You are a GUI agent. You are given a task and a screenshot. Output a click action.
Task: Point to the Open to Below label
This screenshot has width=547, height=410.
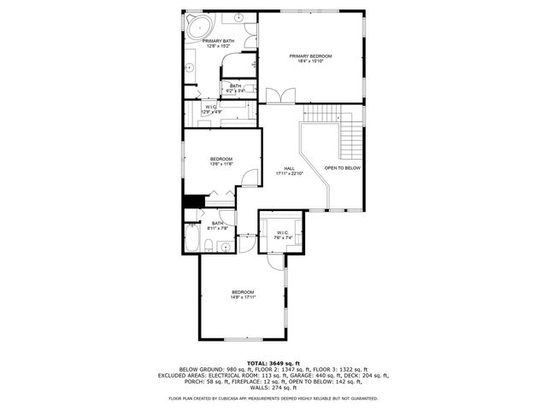pyautogui.click(x=342, y=168)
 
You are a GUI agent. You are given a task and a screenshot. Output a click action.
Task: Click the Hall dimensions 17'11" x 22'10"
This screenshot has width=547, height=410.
pyautogui.click(x=289, y=173)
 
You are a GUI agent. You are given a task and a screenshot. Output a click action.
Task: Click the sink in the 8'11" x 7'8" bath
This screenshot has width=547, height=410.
pyautogui.click(x=224, y=247)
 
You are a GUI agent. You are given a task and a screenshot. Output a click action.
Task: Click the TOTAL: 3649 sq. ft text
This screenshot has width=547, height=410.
pyautogui.click(x=273, y=362)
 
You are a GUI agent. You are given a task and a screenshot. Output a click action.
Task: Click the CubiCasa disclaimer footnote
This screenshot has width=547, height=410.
pyautogui.click(x=273, y=398)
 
